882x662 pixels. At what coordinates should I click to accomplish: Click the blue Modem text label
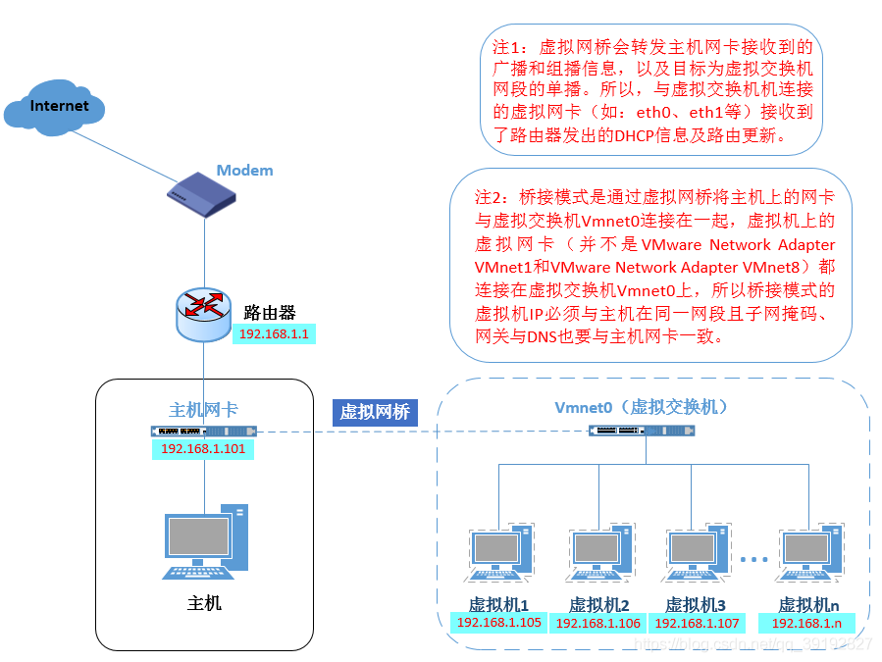point(244,171)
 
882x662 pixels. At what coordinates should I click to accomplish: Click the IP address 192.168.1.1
point(274,334)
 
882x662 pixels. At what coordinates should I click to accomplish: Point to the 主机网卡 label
point(203,410)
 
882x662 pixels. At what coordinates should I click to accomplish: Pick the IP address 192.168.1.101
point(203,448)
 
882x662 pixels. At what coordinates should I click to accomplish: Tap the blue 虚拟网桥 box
point(374,412)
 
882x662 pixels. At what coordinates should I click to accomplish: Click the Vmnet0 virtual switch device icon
point(644,431)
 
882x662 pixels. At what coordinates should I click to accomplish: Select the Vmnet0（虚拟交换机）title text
point(642,407)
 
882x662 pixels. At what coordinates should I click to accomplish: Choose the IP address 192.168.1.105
point(498,623)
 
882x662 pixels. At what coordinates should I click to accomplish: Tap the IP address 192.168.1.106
point(597,623)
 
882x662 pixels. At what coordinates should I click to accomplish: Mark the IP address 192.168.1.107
point(696,623)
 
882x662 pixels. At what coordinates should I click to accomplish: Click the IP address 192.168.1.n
point(806,623)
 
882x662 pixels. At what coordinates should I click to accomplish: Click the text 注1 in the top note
point(507,47)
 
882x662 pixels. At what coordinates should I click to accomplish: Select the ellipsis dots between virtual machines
point(753,560)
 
